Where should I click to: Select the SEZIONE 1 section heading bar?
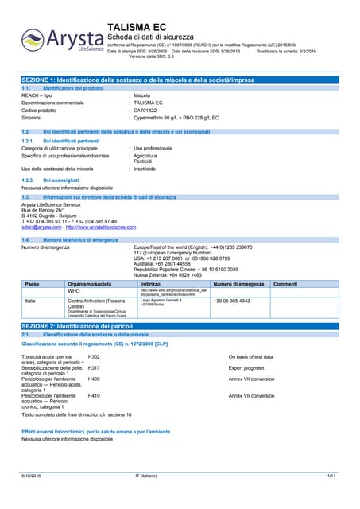(180, 81)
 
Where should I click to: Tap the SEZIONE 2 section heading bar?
(180, 327)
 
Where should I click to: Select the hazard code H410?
(94, 395)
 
